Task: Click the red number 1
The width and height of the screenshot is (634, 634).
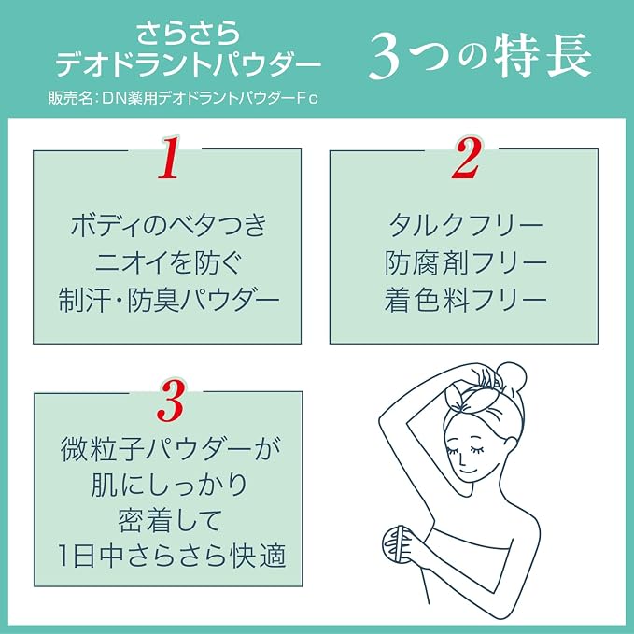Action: pos(169,158)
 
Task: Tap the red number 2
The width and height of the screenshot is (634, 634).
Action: pos(466,158)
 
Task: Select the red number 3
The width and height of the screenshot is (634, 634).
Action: pos(171,402)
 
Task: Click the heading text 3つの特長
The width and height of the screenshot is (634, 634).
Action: pos(480,56)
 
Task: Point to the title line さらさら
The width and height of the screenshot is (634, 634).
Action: pos(188,34)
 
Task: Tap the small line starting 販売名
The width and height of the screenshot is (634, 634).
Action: pos(183,98)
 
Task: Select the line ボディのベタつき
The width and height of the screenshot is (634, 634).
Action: pos(169,225)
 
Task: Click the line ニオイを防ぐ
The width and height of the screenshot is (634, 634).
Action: pos(169,262)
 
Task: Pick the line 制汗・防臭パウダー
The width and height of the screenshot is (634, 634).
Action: pos(169,301)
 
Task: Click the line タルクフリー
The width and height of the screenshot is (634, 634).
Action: pos(466,225)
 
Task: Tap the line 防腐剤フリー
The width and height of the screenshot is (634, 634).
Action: pos(466,262)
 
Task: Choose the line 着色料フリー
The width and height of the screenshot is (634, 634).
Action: pos(466,301)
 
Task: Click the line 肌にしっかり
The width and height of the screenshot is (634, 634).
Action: pos(169,485)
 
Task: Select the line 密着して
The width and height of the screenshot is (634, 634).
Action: pos(169,520)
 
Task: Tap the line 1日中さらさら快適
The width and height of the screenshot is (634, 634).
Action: pos(171,556)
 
